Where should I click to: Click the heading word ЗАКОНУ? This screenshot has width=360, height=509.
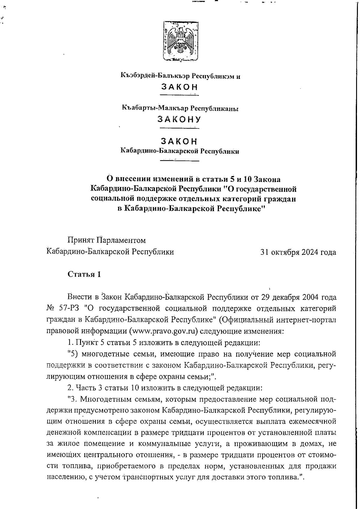coord(179,119)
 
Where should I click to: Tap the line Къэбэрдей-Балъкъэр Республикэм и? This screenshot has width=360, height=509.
coord(180,76)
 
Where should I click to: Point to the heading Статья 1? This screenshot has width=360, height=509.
coord(84,274)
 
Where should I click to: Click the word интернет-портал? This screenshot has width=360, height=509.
coord(306,320)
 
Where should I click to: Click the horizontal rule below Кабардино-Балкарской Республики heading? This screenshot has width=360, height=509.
coord(179,161)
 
